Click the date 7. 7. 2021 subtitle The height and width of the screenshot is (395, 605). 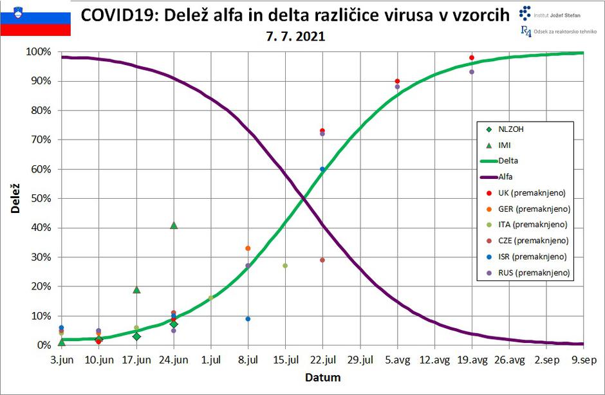pos(295,37)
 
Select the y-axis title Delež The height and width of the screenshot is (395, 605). pos(15,198)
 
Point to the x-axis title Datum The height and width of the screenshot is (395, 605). pos(322,377)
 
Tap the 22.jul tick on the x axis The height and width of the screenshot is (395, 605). pos(322,360)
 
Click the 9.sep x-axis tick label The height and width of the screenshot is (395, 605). pos(583,360)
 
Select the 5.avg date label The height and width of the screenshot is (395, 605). pos(397,360)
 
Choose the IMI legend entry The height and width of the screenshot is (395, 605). pos(505,145)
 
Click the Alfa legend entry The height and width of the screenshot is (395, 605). pos(505,176)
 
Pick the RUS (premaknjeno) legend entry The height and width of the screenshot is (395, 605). pos(534,273)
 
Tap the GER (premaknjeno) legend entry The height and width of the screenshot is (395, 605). pos(534,208)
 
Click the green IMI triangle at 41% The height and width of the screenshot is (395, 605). pos(174,225)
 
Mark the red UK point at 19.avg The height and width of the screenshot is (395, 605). pos(472,58)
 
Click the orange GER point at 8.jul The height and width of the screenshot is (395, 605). pos(248,248)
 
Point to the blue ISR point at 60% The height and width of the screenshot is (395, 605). pos(322,169)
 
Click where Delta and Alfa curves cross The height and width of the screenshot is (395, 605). pos(302,199)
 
